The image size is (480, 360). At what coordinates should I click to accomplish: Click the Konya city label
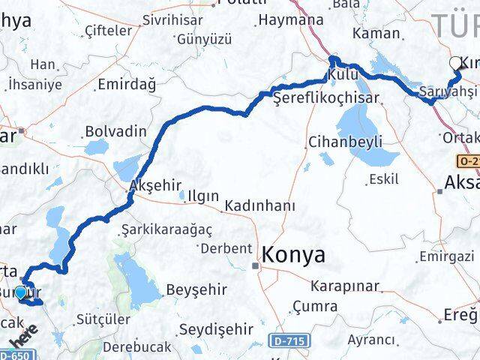[293, 255]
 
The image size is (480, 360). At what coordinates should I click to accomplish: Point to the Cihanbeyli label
[346, 142]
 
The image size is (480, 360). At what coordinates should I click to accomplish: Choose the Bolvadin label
[115, 131]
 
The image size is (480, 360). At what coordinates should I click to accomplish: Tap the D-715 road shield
[295, 342]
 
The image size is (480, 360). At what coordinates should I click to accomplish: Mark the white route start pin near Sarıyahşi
[455, 64]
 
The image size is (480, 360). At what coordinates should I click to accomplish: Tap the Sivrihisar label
[177, 20]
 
